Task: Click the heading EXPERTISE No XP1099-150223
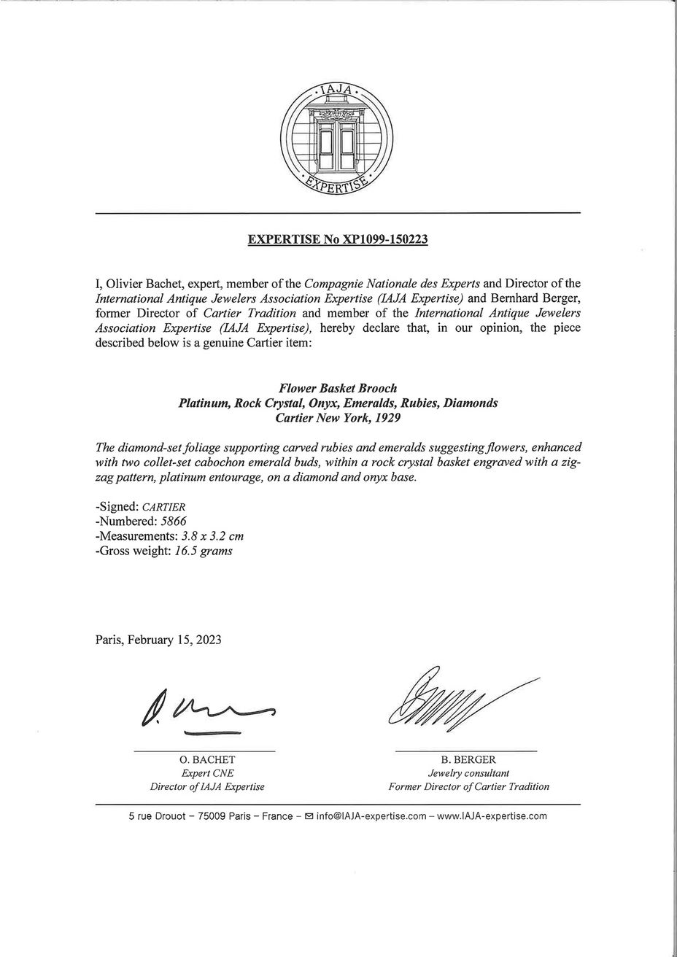pos(337,239)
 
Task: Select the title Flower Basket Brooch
pos(338,389)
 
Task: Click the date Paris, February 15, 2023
pos(158,640)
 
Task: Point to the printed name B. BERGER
pos(468,759)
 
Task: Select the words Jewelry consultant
pos(468,773)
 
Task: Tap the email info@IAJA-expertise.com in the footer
pos(371,816)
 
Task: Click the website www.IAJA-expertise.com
pos(492,816)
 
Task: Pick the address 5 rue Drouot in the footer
pos(157,816)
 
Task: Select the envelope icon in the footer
pos(309,816)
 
